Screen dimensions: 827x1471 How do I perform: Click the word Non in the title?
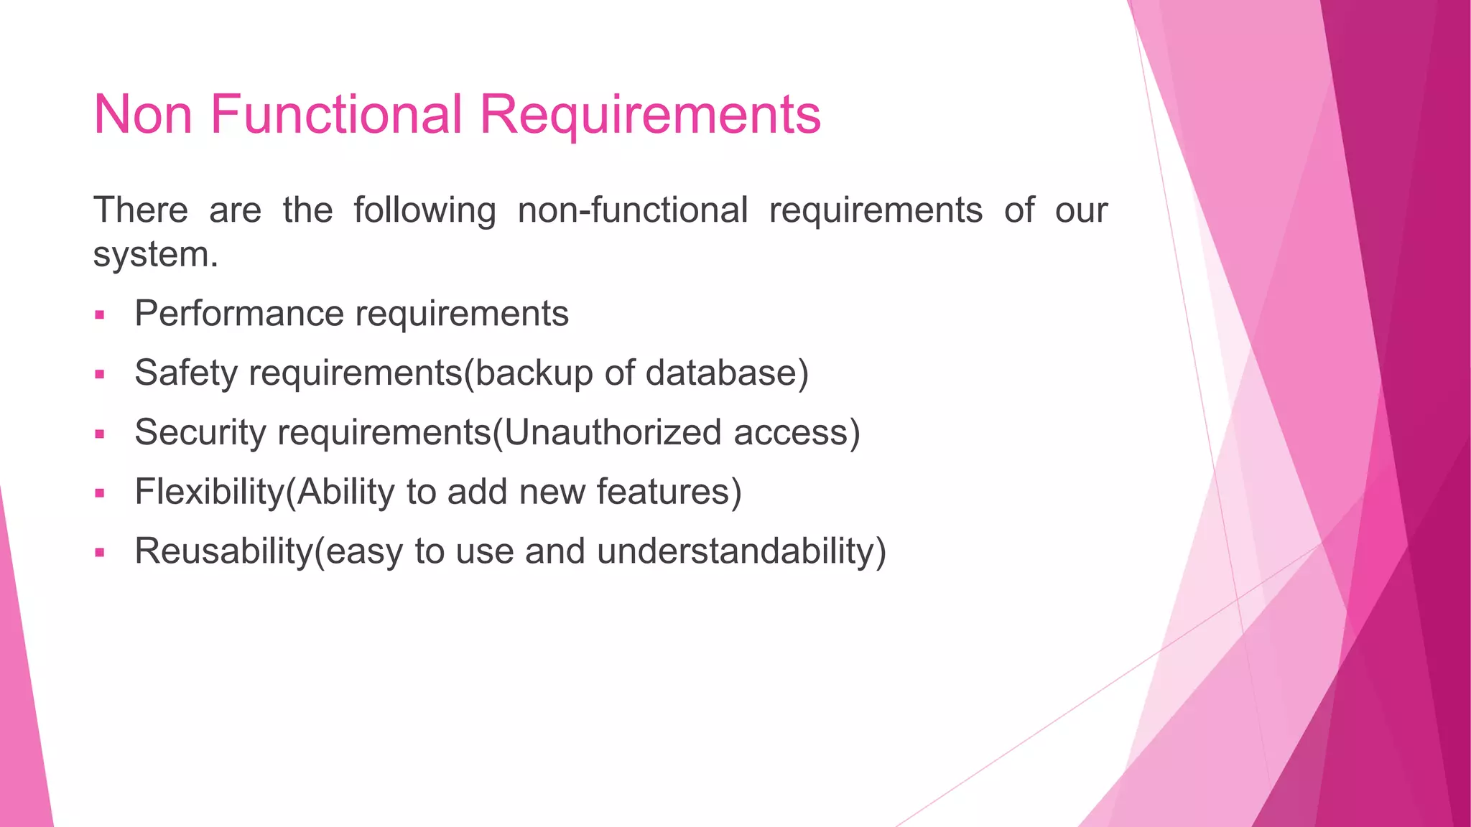pos(143,115)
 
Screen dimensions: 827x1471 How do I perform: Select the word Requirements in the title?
pos(650,115)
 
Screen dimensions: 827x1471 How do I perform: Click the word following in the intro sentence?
pos(424,211)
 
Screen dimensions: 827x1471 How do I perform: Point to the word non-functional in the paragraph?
pos(633,211)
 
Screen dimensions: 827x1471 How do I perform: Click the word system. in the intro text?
pos(155,255)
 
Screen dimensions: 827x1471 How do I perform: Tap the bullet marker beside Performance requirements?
pos(100,315)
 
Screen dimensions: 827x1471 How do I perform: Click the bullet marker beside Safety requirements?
pos(100,375)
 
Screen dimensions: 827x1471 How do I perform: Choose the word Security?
pos(200,433)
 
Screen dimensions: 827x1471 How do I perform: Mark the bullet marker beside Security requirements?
pos(100,434)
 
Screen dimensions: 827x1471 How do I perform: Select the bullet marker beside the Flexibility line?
pos(100,494)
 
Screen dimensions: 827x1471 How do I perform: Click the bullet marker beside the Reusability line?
pos(100,553)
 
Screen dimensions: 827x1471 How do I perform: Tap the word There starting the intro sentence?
pos(141,211)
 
